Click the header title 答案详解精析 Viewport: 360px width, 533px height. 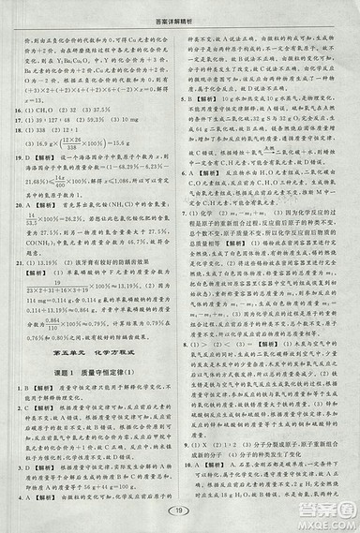(x=180, y=8)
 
